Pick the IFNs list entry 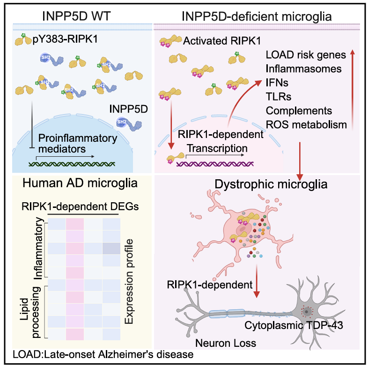pos(277,83)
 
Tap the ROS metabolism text pos(306,124)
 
